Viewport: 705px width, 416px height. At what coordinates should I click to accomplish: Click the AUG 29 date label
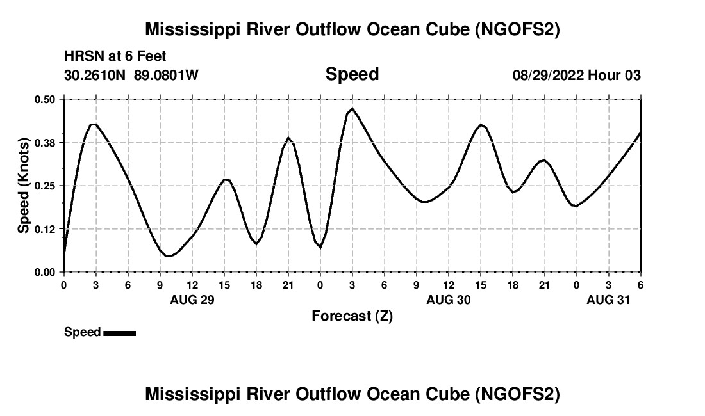pos(192,300)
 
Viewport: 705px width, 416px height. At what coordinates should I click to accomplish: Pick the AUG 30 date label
pos(449,300)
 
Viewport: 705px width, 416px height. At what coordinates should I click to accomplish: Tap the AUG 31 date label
pos(609,300)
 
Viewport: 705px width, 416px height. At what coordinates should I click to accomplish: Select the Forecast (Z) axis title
pos(352,316)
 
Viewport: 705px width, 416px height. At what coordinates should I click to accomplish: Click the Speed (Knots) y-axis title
pos(23,185)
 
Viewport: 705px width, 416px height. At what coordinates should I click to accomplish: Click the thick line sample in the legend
pos(119,333)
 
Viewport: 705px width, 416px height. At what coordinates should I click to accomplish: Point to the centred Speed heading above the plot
pos(352,74)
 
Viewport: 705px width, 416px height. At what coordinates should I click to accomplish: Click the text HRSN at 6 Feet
pos(115,57)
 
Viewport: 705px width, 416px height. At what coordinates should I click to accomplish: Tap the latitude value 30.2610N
pos(96,75)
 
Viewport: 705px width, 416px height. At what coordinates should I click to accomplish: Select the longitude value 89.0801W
pos(166,75)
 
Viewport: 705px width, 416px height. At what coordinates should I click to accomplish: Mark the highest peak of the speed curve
pos(352,109)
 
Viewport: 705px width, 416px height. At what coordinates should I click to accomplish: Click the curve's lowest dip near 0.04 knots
pos(169,256)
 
